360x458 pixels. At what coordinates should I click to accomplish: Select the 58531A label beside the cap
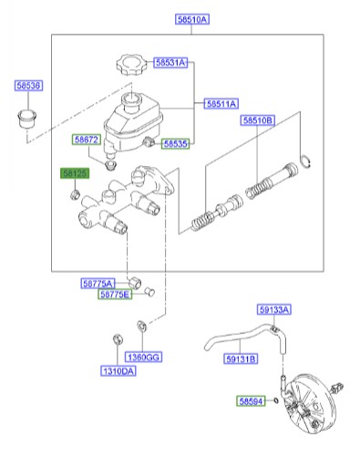170,63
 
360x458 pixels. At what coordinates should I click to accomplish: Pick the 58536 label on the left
28,86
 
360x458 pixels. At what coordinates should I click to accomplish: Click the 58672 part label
87,140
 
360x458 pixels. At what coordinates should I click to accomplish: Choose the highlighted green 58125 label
74,172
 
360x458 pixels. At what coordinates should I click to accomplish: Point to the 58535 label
176,144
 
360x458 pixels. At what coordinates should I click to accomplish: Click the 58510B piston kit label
258,120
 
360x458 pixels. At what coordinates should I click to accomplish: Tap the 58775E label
116,295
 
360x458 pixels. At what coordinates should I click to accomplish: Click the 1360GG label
144,357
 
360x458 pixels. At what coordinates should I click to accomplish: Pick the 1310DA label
118,371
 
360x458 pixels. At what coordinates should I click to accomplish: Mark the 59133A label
272,309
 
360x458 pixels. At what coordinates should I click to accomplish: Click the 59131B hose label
241,359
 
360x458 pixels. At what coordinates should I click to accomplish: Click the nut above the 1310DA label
115,342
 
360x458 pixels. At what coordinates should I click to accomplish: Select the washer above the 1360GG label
141,327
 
